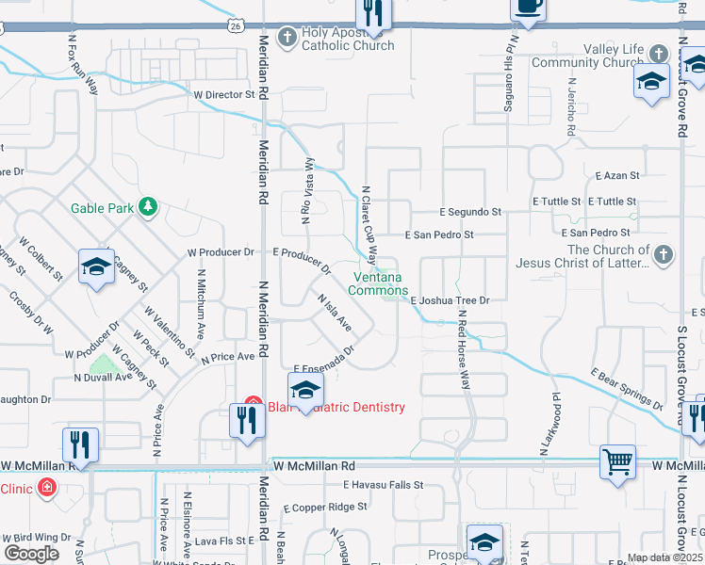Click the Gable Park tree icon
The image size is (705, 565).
(x=147, y=207)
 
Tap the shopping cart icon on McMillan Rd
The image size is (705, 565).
(x=618, y=461)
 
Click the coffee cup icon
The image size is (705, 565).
(x=528, y=8)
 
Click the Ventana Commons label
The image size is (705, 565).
(x=378, y=283)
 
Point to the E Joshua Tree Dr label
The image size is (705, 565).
(x=451, y=300)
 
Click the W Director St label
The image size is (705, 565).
(x=224, y=95)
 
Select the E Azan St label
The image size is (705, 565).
(x=617, y=176)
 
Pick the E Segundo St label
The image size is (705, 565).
(x=469, y=213)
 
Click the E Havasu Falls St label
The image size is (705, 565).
(x=382, y=485)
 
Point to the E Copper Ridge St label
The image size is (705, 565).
(x=325, y=507)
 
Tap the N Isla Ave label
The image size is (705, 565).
(x=333, y=313)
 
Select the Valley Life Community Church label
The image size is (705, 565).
(x=587, y=56)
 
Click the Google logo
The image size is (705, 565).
(x=31, y=554)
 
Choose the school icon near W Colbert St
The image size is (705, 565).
(x=96, y=267)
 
